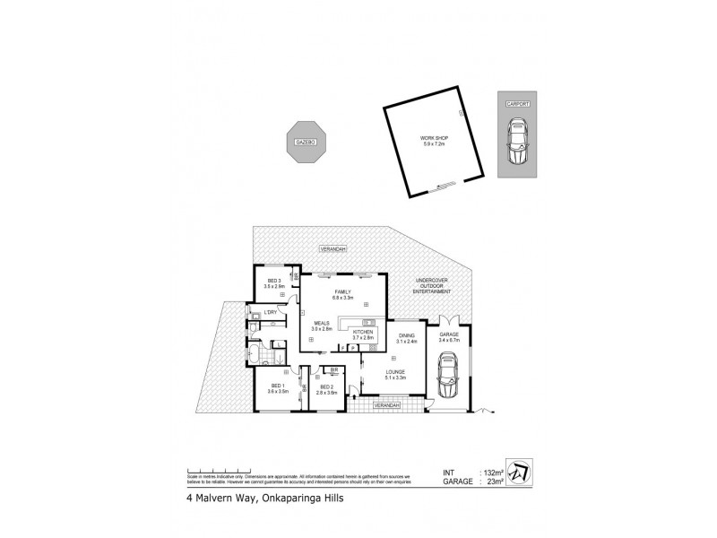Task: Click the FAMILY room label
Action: coord(342,293)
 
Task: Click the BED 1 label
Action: coord(276,388)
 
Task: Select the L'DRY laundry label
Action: coord(269,312)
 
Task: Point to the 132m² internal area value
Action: coord(489,472)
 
